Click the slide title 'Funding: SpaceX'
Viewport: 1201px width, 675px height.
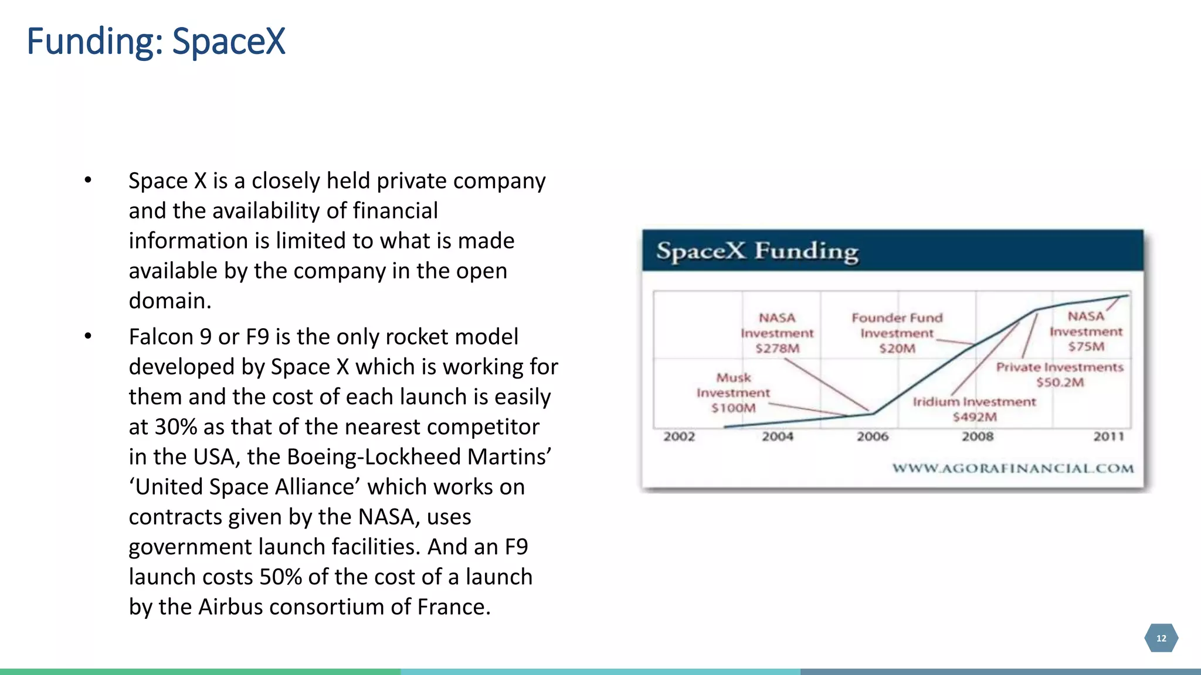click(156, 42)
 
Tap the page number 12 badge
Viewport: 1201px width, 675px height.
click(1161, 638)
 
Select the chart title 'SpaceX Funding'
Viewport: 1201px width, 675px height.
click(757, 251)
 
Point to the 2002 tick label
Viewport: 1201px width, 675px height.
click(679, 437)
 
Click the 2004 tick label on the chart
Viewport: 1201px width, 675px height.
click(778, 437)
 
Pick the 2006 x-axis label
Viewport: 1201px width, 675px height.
click(873, 437)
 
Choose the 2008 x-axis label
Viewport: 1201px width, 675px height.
click(978, 437)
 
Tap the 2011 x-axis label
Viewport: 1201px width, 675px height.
click(1108, 437)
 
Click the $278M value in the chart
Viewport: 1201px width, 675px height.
click(777, 349)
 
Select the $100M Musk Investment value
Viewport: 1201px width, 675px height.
click(733, 408)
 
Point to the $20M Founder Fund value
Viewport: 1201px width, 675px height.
click(897, 349)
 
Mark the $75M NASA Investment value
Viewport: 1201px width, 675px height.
click(1086, 347)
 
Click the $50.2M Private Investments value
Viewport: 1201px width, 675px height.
click(1060, 383)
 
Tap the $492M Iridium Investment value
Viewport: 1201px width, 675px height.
click(975, 417)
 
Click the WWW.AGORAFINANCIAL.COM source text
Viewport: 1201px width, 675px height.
click(1013, 469)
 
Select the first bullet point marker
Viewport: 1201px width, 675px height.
click(88, 180)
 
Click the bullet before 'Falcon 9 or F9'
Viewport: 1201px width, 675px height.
click(88, 336)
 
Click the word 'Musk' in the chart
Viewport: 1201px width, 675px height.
click(733, 378)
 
